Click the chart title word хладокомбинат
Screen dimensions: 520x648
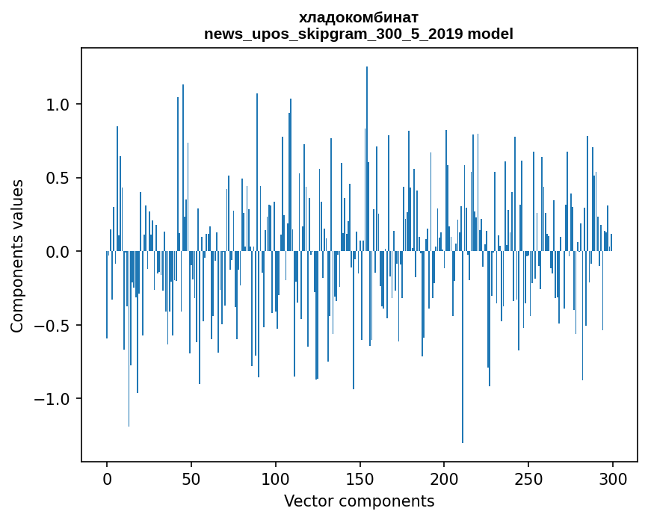coord(359,17)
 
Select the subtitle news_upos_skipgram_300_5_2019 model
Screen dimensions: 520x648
coord(359,34)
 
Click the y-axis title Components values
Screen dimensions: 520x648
coord(16,256)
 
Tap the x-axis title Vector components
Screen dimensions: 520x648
coord(359,501)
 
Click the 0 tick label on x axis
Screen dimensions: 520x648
coord(107,478)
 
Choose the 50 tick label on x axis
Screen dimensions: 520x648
coord(191,478)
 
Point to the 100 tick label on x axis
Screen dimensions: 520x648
coord(276,478)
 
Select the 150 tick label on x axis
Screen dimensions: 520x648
coord(360,478)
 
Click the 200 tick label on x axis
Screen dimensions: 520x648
coord(445,478)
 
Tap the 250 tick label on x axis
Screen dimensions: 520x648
coord(529,478)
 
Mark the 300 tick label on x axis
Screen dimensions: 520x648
coord(614,478)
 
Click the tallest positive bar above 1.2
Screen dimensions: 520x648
coord(367,149)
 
